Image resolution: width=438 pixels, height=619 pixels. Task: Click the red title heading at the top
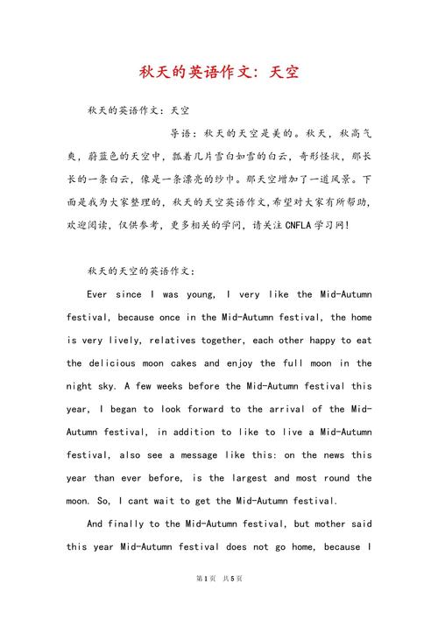pyautogui.click(x=219, y=71)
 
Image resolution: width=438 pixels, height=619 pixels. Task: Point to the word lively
pyautogui.click(x=121, y=340)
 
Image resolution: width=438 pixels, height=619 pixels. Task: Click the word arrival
pyautogui.click(x=291, y=409)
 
